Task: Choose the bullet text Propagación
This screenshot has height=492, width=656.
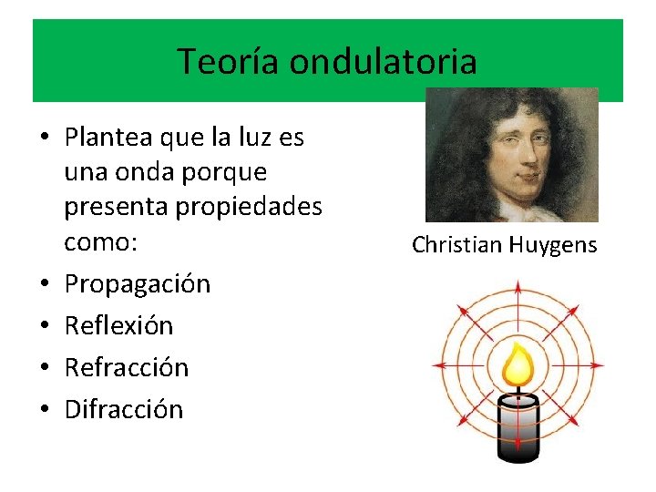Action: [138, 284]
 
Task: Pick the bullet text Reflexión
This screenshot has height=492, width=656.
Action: [118, 325]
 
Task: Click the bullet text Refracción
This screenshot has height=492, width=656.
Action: [127, 367]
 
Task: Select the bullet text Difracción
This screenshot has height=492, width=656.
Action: [124, 409]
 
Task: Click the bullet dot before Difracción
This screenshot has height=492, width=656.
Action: [45, 409]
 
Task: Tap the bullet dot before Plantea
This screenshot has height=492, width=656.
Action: [45, 138]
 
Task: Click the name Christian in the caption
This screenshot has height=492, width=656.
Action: [455, 245]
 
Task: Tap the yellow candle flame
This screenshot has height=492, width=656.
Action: [518, 364]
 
